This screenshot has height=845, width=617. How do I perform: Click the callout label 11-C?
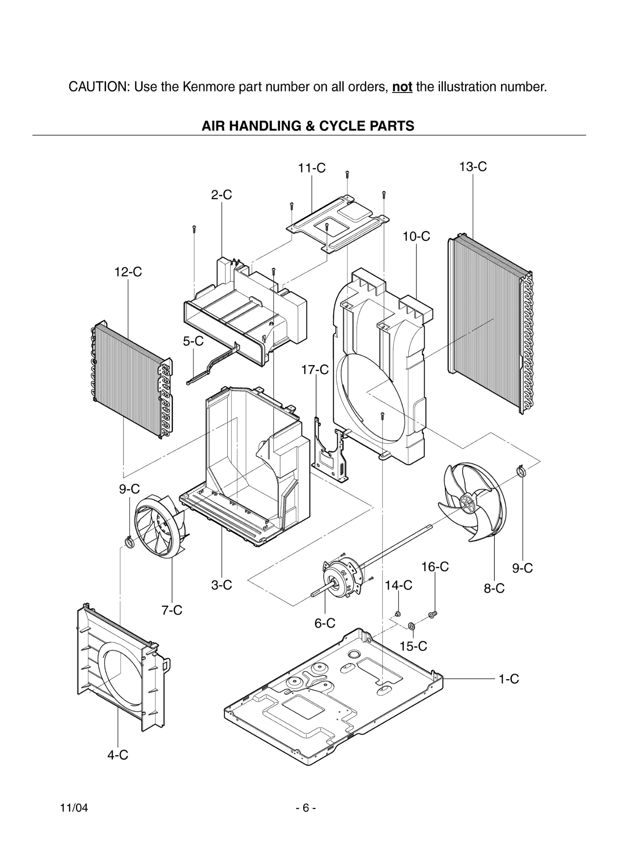coord(312,168)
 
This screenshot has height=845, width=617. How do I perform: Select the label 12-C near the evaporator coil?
coord(128,272)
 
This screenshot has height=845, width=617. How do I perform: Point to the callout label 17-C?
coord(315,370)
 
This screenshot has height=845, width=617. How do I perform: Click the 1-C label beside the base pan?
coord(508,679)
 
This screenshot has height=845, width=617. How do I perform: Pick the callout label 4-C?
coord(118,755)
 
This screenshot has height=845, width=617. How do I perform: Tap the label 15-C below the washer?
coord(413,646)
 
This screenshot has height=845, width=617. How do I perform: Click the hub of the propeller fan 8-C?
coord(467,504)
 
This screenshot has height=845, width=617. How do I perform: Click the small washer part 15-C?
coord(411,627)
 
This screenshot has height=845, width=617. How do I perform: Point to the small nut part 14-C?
coord(398,614)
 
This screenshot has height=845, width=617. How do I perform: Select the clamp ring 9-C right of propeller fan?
coord(521,471)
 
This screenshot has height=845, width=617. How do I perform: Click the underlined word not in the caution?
coord(402,87)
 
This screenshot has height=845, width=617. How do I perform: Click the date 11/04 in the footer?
coord(74,808)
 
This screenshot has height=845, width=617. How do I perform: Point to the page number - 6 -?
coord(306,808)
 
